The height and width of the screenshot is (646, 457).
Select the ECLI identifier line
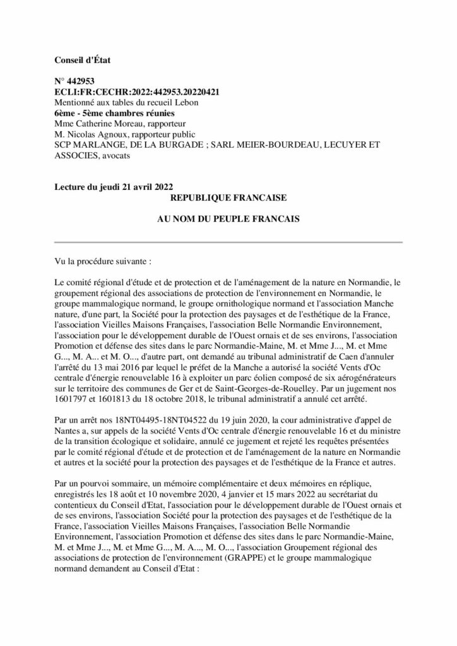coord(137,91)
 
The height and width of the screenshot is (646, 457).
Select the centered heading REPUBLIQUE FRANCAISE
coord(228,197)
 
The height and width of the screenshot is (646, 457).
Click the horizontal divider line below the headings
coord(228,242)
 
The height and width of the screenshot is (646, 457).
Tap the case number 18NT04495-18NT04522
coord(164,420)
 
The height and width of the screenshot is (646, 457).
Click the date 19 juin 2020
coord(242,420)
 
